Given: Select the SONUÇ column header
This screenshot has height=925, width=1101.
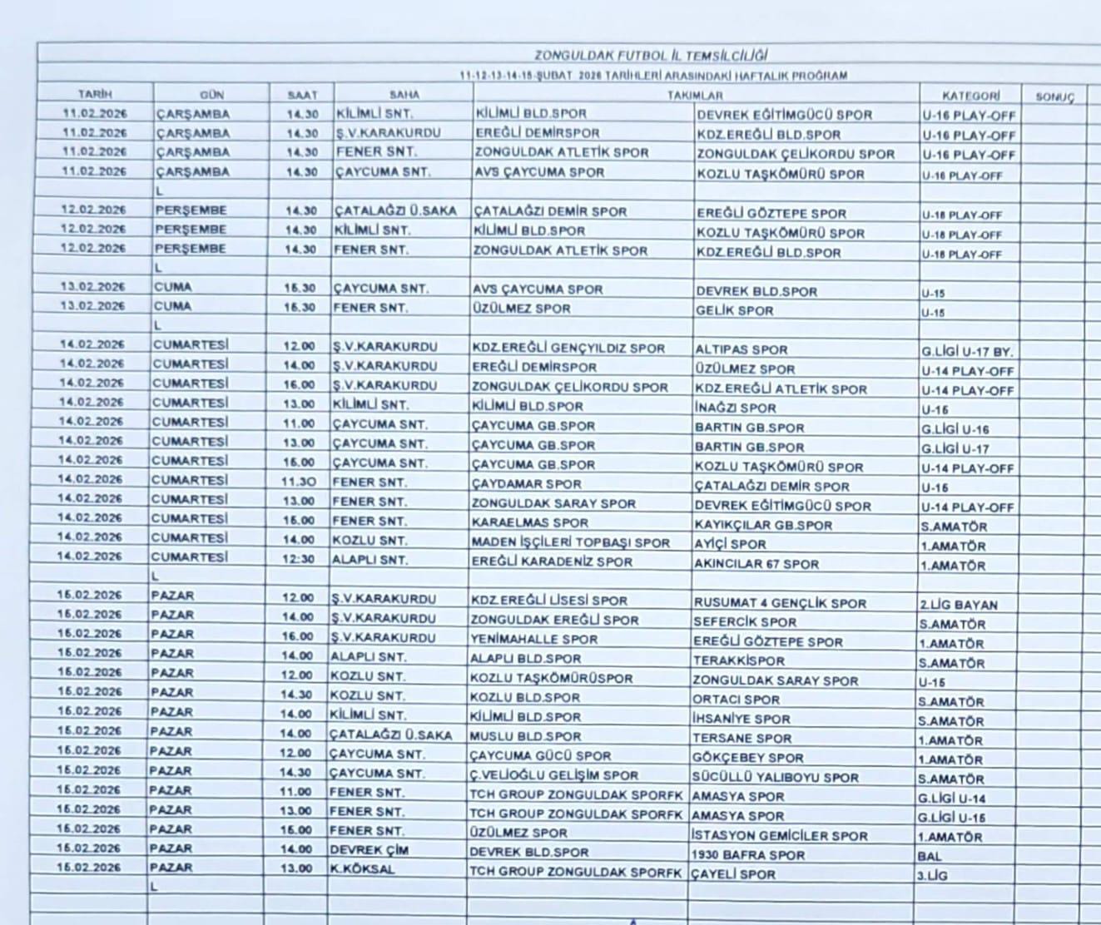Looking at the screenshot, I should [1054, 97].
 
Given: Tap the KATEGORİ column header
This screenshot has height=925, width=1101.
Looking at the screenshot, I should [970, 96].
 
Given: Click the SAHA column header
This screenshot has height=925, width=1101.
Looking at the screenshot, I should [404, 95].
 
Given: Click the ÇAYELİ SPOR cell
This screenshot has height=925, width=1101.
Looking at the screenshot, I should [733, 874].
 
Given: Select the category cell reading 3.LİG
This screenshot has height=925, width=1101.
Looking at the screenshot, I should [932, 875].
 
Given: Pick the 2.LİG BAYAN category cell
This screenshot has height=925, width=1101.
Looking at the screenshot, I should [958, 605].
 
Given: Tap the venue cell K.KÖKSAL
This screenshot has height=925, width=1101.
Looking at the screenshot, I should [362, 869].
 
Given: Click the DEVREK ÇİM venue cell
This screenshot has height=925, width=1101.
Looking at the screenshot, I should [369, 850].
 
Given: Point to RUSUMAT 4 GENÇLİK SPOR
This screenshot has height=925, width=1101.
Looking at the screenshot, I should [779, 603].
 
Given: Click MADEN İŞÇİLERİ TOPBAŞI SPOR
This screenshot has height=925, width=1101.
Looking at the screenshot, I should [570, 542].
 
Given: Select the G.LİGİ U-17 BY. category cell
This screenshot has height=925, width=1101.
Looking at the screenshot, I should [966, 351].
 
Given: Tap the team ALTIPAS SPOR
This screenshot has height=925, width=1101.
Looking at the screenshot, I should [741, 349].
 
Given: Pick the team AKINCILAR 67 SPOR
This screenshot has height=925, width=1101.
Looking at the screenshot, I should [756, 563].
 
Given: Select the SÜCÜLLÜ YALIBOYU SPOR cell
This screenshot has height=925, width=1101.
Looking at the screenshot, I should [775, 777].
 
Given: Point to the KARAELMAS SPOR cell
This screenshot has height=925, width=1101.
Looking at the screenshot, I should [529, 523].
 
